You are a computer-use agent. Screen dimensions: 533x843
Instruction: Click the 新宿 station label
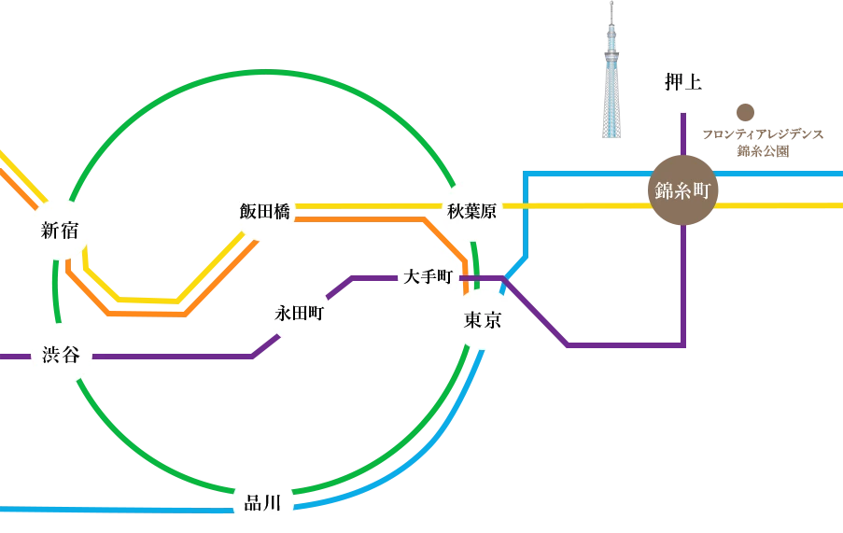coord(60,231)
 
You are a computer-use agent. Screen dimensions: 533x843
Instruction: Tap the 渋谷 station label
coord(61,356)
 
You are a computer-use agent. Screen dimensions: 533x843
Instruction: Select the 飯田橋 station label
coord(264,212)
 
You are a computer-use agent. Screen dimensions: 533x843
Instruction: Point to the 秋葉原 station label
coord(471,212)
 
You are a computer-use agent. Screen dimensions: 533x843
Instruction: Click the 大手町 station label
coord(429,277)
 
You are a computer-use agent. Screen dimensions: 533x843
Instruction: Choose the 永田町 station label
coord(299,314)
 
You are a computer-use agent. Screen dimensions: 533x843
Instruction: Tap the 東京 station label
coord(483,320)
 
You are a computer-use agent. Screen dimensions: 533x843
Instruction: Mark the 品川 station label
coord(261,504)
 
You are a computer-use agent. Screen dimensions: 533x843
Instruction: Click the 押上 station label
coord(682,83)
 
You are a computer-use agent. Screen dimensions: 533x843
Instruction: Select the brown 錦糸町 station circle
coord(682,191)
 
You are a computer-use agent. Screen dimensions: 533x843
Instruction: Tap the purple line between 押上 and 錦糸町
coord(683,131)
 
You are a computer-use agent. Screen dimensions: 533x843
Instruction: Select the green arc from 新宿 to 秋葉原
coord(271,74)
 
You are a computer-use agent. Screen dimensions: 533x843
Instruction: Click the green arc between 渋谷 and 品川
coord(140,448)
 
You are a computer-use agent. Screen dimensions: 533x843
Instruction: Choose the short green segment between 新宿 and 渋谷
coord(57,291)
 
